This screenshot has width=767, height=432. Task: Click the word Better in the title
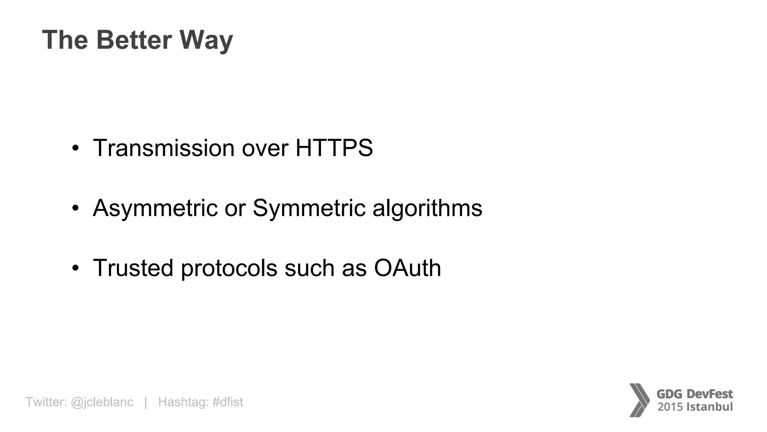(134, 40)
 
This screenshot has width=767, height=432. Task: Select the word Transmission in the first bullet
(164, 148)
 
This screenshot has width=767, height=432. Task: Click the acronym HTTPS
(334, 148)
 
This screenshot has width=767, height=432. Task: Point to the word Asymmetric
(155, 208)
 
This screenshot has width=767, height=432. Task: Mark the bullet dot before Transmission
(76, 148)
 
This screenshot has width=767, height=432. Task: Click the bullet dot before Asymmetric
(76, 208)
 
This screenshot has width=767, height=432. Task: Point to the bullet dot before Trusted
(76, 268)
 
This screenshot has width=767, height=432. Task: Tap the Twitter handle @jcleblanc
(102, 402)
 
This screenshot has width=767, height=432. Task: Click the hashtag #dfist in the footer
(228, 402)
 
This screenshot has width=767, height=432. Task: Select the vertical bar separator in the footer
(146, 402)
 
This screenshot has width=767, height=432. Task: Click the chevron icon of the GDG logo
(639, 400)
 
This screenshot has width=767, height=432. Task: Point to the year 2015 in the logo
(670, 407)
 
